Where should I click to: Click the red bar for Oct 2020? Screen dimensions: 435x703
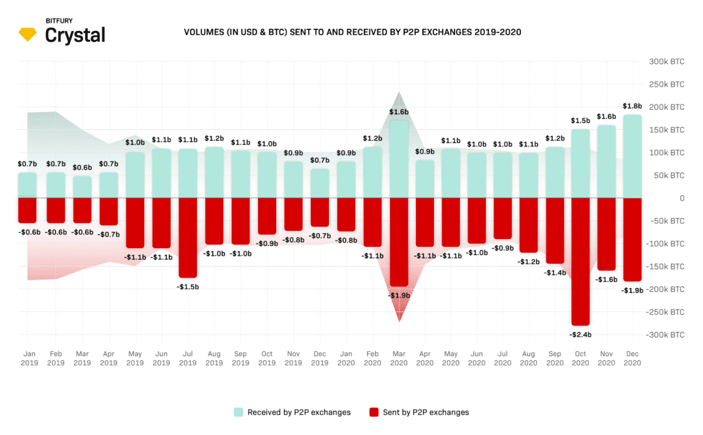pyautogui.click(x=580, y=261)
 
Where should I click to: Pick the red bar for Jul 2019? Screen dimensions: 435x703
pyautogui.click(x=187, y=237)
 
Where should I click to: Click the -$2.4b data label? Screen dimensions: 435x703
pyautogui.click(x=580, y=334)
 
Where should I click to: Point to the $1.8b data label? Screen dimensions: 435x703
pyautogui.click(x=632, y=106)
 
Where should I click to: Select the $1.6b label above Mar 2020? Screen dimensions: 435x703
pyautogui.click(x=399, y=111)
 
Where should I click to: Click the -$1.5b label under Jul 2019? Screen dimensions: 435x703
pyautogui.click(x=187, y=286)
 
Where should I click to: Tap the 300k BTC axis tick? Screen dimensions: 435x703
pyautogui.click(x=667, y=62)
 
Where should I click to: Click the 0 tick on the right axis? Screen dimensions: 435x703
pyautogui.click(x=682, y=199)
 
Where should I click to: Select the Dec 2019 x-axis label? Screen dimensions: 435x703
pyautogui.click(x=319, y=357)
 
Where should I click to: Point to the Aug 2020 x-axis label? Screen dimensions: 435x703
pyautogui.click(x=529, y=357)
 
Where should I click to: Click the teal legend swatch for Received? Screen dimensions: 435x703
pyautogui.click(x=238, y=412)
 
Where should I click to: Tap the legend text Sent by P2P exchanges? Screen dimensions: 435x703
pyautogui.click(x=426, y=412)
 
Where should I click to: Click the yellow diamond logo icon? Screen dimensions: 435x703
pyautogui.click(x=30, y=34)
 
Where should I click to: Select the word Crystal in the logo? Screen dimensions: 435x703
pyautogui.click(x=75, y=35)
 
